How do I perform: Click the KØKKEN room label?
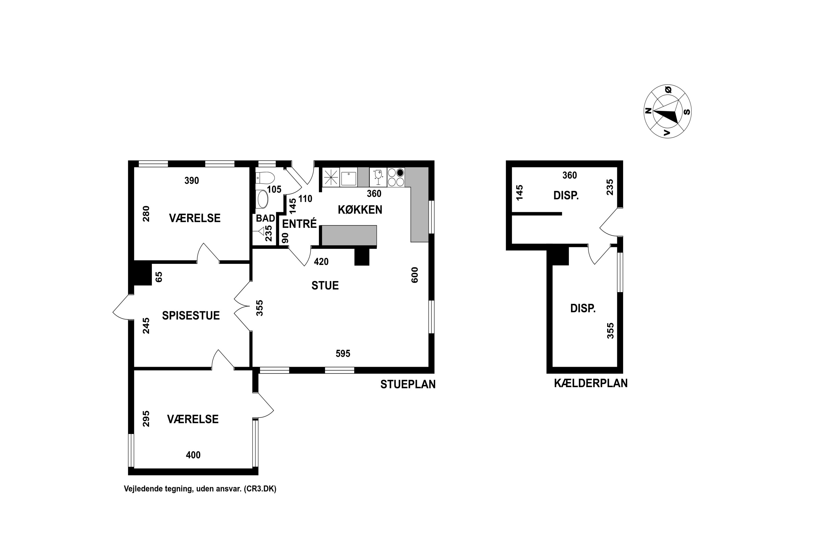pyautogui.click(x=360, y=210)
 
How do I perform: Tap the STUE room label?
pyautogui.click(x=325, y=286)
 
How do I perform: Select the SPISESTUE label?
pyautogui.click(x=191, y=316)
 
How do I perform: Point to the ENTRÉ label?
pyautogui.click(x=299, y=224)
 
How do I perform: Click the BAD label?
pyautogui.click(x=265, y=218)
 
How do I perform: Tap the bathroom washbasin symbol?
pyautogui.click(x=262, y=199)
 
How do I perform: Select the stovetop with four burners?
pyautogui.click(x=396, y=177)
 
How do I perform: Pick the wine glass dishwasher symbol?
pyautogui.click(x=378, y=177)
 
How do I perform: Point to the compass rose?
pyautogui.click(x=667, y=112)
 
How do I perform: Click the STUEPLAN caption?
pyautogui.click(x=408, y=384)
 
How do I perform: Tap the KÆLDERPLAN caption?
pyautogui.click(x=591, y=383)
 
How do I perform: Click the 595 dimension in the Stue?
pyautogui.click(x=343, y=354)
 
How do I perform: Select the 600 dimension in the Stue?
pyautogui.click(x=415, y=275)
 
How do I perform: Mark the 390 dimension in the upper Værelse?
pyautogui.click(x=192, y=181)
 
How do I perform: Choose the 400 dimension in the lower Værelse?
pyautogui.click(x=193, y=455)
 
